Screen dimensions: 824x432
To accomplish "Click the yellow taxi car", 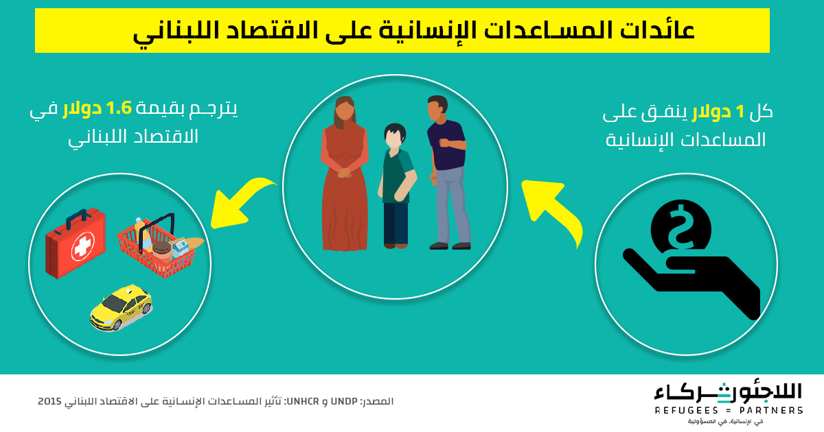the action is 121,307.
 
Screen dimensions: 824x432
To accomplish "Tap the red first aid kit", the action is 76,243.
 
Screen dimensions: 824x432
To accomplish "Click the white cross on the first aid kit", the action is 83,246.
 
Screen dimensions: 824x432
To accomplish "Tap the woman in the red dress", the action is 344,173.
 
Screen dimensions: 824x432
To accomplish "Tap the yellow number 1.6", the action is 118,109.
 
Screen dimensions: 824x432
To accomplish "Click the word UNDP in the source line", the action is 344,401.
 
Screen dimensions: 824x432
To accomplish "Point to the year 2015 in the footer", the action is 49,401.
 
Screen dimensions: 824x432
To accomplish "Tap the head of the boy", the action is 395,135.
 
